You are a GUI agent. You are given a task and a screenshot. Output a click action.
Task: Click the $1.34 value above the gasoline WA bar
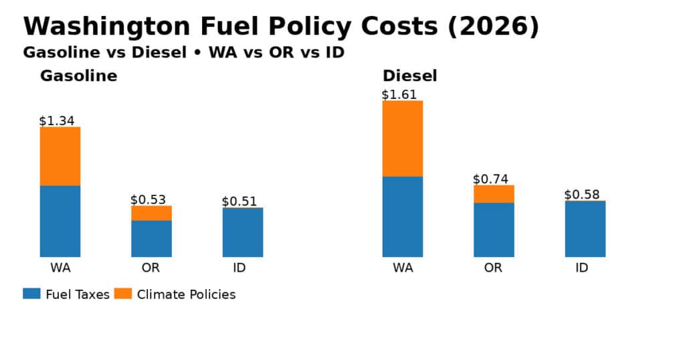tap(57, 121)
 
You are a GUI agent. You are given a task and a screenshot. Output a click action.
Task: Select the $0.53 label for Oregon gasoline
tap(148, 199)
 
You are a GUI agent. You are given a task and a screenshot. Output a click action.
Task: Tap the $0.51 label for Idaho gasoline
tap(239, 201)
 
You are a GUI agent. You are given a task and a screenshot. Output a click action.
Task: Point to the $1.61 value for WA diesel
tap(399, 94)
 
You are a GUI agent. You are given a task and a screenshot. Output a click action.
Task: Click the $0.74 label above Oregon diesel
tap(490, 179)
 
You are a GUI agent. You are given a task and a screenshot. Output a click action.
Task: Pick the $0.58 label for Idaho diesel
tap(582, 195)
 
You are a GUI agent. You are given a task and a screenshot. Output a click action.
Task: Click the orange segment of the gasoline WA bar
tap(60, 156)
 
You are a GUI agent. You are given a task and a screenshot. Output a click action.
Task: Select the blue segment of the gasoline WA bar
tap(60, 221)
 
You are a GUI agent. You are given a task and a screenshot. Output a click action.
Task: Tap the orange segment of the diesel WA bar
tap(403, 139)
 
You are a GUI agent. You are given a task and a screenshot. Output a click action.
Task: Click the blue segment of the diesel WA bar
tap(403, 216)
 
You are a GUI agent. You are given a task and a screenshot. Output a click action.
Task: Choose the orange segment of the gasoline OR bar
tap(151, 213)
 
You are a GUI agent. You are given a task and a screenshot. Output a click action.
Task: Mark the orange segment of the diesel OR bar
tap(494, 193)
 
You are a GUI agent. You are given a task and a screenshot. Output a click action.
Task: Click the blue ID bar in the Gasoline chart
tap(243, 232)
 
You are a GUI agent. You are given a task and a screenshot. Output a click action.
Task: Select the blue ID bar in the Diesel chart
tap(585, 229)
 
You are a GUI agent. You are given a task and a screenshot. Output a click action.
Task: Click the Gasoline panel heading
tap(78, 76)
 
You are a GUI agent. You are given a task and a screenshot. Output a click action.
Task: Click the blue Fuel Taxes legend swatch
tap(32, 294)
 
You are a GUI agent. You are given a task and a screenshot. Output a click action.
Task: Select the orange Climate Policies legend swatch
tap(123, 294)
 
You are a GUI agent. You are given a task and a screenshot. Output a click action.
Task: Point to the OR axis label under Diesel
tap(493, 268)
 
